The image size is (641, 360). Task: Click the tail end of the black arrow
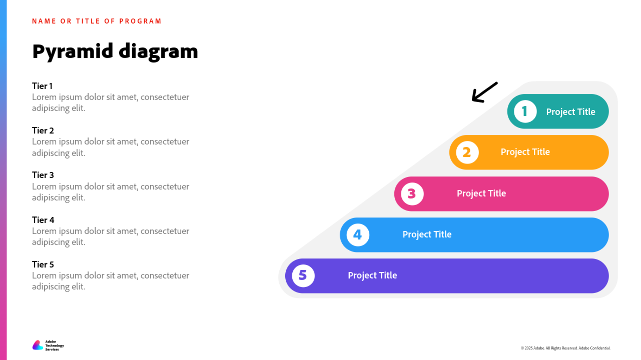pos(497,83)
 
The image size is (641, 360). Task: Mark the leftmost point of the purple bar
pos(285,276)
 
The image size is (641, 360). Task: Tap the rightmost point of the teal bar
pos(609,111)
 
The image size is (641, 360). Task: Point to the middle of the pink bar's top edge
pos(501,177)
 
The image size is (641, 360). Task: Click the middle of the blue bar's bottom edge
pos(474,252)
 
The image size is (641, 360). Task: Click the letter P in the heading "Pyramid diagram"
pos(39,51)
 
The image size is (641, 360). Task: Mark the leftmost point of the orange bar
pos(450,153)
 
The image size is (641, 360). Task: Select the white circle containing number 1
pos(525,111)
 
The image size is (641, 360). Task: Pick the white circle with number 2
pos(467,153)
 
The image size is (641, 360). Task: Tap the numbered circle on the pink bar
pos(412,194)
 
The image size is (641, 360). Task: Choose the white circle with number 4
pos(358,235)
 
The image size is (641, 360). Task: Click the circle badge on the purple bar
pos(303,276)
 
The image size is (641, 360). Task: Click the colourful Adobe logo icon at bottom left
pos(38,345)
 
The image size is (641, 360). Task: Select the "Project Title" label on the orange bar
pos(525,152)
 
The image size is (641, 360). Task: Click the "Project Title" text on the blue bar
pos(427,234)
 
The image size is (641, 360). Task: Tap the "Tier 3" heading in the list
pos(43,175)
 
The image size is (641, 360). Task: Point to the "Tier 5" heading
pos(43,264)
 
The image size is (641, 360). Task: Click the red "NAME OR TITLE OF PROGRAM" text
pos(97,21)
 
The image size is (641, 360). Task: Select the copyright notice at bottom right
pos(565,348)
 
